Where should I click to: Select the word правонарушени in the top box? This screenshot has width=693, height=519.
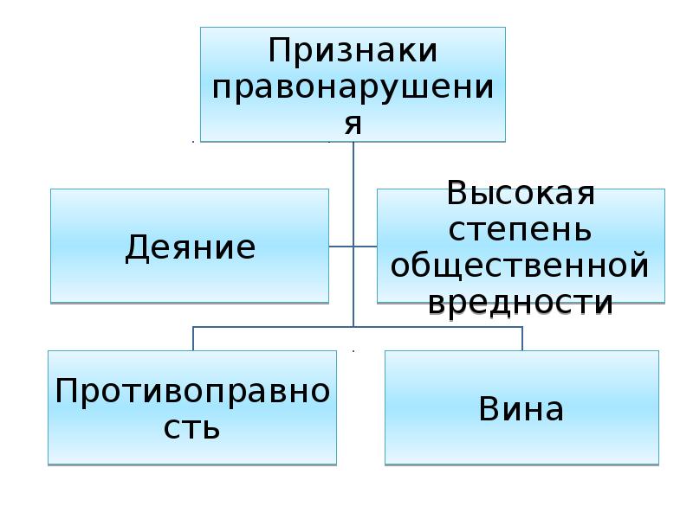click(x=353, y=88)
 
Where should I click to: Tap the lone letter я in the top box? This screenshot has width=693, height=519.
click(x=353, y=124)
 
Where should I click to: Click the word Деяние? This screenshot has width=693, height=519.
click(x=191, y=247)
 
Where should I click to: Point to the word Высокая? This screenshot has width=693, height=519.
click(x=521, y=194)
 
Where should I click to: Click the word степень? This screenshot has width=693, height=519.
click(x=520, y=230)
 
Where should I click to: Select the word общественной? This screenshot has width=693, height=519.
click(x=520, y=266)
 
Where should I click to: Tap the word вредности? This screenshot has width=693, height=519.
click(x=521, y=303)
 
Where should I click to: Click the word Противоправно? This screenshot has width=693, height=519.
click(x=192, y=392)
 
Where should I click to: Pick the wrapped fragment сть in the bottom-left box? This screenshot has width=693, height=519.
click(x=191, y=427)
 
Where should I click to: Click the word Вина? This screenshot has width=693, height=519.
click(x=521, y=408)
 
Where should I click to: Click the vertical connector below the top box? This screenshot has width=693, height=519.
click(x=353, y=234)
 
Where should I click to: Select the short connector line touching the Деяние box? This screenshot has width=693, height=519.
click(x=341, y=247)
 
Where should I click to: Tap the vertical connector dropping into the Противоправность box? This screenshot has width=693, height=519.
click(x=193, y=339)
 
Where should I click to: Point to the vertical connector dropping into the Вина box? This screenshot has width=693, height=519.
click(x=522, y=339)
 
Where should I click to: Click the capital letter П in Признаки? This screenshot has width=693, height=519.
click(x=281, y=50)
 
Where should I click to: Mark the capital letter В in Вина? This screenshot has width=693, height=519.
click(x=489, y=408)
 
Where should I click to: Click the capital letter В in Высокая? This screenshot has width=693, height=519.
click(x=458, y=193)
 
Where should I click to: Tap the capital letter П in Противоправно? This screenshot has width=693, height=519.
click(x=68, y=391)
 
